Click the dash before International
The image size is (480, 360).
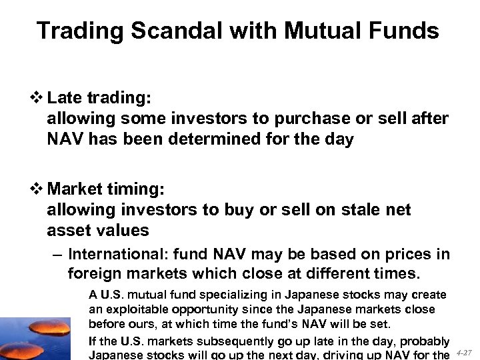click(x=57, y=254)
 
